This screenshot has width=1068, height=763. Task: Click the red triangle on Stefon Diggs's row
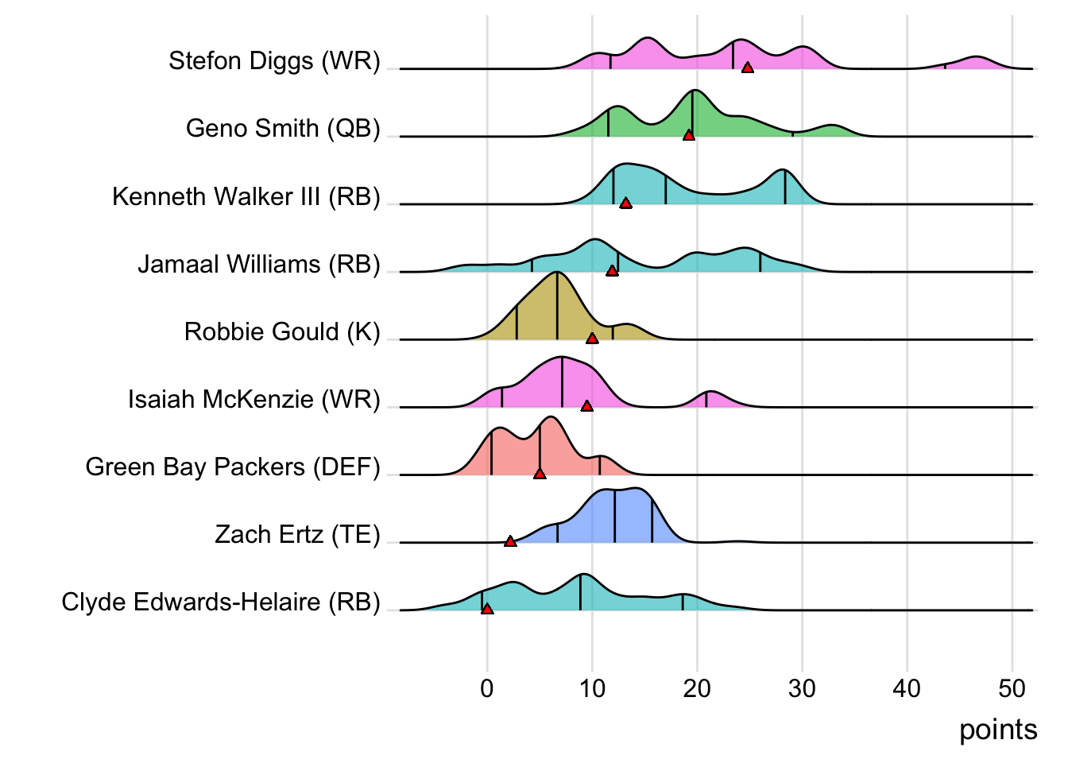(x=747, y=68)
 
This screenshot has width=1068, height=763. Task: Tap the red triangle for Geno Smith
(x=689, y=136)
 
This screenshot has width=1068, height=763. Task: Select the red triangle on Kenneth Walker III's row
(x=625, y=203)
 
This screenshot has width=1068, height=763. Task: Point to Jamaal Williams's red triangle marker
(x=612, y=271)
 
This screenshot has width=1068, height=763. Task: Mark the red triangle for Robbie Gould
(x=592, y=339)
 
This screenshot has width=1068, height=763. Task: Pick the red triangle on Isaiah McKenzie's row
(x=586, y=406)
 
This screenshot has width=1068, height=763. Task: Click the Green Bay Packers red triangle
(x=540, y=474)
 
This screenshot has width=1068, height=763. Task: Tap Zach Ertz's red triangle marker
(x=510, y=541)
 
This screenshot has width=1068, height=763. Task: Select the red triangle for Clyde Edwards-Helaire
(x=487, y=609)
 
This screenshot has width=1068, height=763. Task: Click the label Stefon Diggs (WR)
(x=274, y=60)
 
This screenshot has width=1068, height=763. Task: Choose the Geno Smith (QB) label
(x=283, y=128)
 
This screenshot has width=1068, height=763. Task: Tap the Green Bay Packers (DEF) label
(x=233, y=467)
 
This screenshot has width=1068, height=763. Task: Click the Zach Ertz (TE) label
(x=297, y=534)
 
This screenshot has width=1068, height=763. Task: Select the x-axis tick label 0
(x=487, y=688)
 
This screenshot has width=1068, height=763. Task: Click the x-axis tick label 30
(x=802, y=688)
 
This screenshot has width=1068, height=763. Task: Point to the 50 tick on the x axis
(x=1012, y=688)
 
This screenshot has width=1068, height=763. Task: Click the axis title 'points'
(x=998, y=730)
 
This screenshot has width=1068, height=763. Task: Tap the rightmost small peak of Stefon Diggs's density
(x=977, y=62)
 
